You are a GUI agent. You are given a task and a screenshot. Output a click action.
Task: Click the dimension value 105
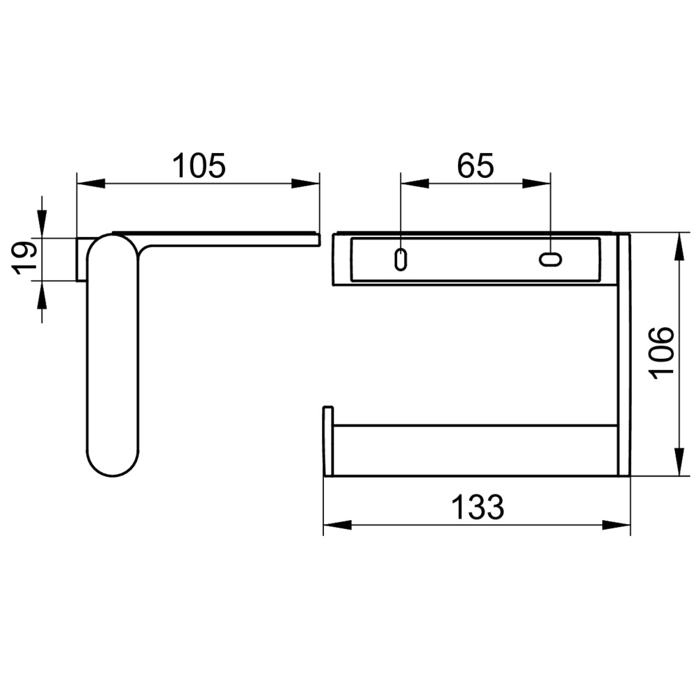199,165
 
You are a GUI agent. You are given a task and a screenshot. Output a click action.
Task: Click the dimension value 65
476,165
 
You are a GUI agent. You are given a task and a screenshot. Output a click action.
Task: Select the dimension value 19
23,258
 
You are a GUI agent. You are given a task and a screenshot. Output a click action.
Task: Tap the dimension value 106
662,353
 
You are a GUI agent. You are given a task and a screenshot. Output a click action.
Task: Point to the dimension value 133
478,507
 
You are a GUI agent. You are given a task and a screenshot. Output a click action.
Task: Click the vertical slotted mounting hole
400,259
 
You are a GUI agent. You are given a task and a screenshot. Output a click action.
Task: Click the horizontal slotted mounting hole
551,259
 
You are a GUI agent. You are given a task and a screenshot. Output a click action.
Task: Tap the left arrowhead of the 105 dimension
91,183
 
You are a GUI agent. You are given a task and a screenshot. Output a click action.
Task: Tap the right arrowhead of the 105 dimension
305,183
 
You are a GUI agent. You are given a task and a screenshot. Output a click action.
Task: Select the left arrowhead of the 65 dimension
415,183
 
